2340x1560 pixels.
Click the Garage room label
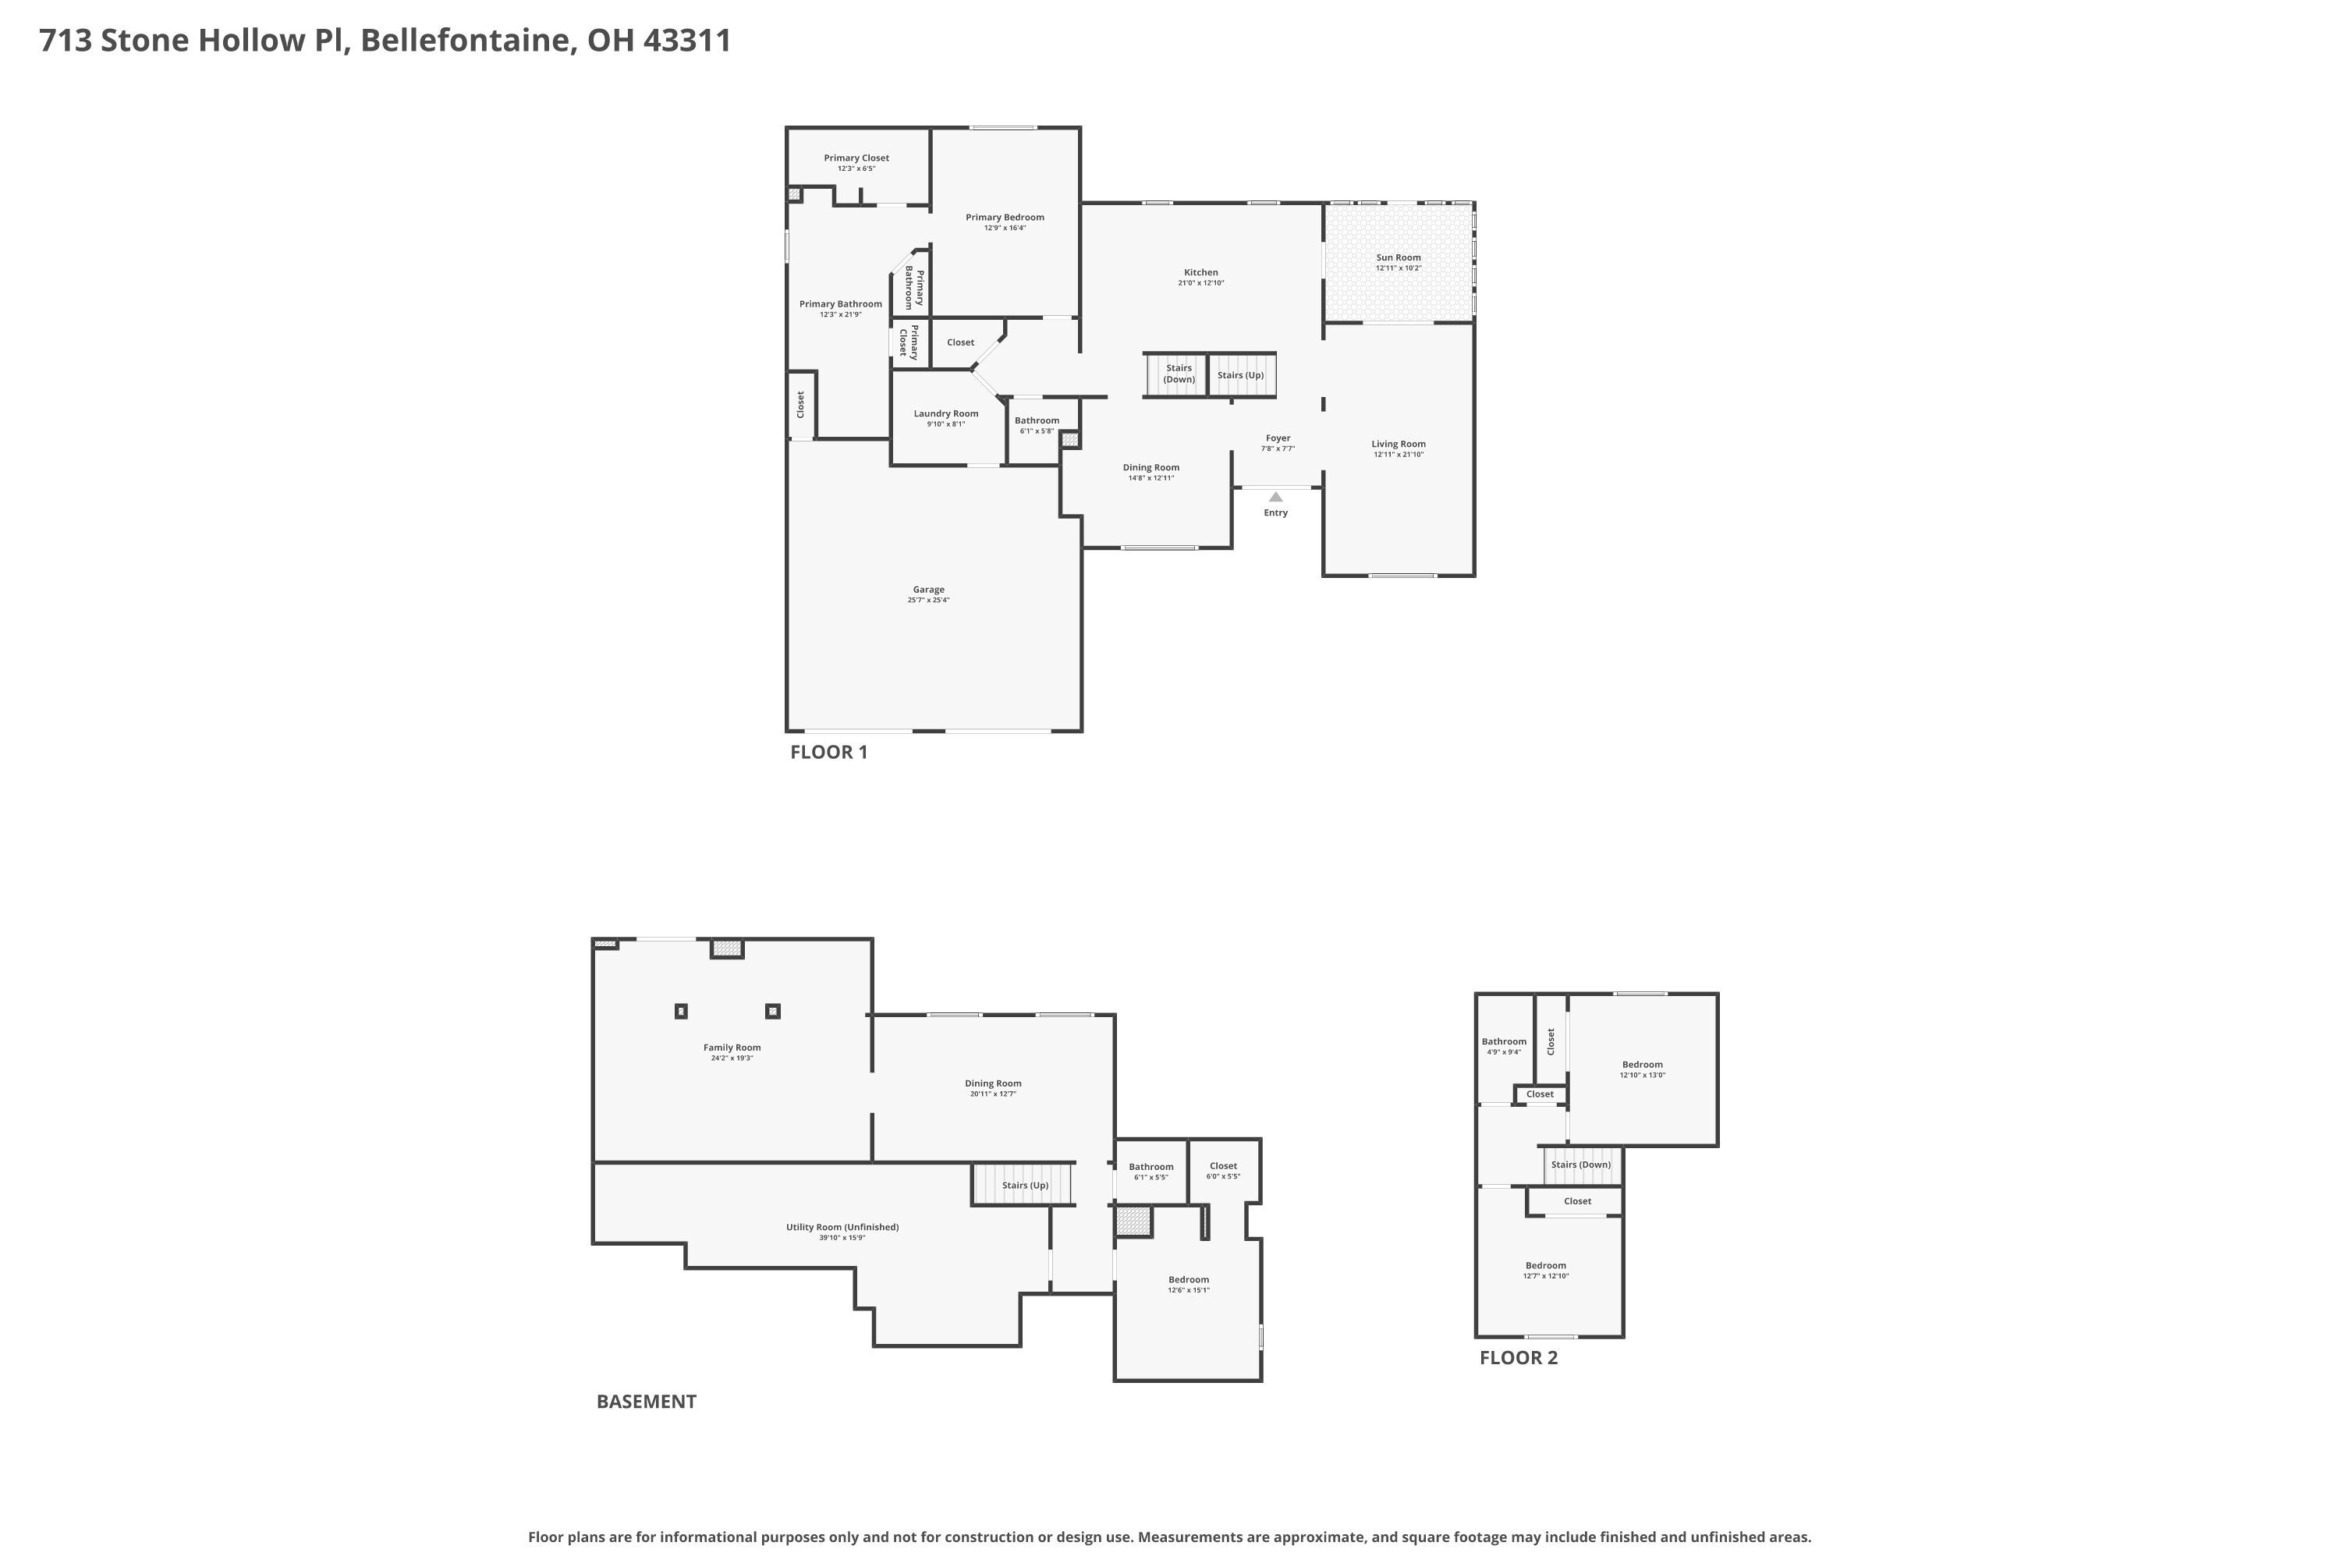(928, 590)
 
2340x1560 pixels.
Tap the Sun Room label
(1398, 257)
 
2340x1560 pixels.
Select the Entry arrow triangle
(1275, 496)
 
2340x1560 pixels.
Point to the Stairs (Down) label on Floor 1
(1179, 373)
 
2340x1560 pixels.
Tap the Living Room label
(1398, 445)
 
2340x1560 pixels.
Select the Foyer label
(1278, 438)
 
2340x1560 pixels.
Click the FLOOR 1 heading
(828, 752)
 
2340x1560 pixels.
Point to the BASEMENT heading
(647, 1402)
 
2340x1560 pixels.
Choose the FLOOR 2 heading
(1518, 1358)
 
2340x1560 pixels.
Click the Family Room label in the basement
(732, 1048)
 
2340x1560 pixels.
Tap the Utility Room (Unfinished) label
(842, 1227)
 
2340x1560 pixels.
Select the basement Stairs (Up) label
(1025, 1185)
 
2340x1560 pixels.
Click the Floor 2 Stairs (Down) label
(1580, 1164)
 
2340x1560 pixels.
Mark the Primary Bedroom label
(1005, 217)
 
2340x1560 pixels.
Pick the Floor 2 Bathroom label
(1503, 1041)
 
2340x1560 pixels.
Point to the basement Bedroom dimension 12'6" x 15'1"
(1189, 1290)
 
